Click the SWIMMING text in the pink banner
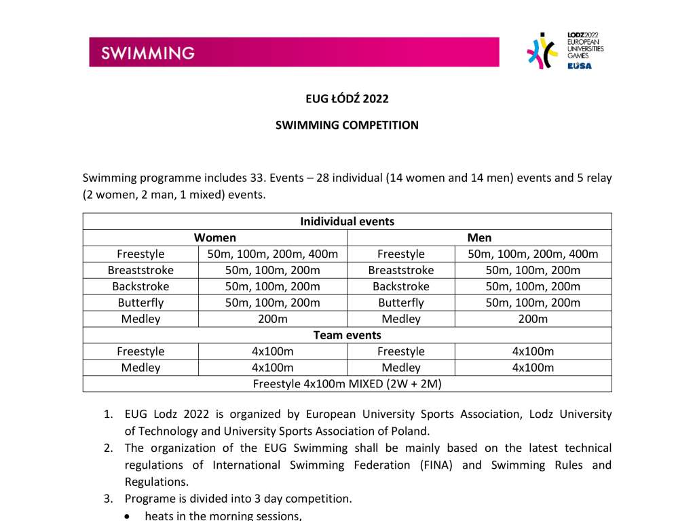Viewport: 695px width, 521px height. pos(148,53)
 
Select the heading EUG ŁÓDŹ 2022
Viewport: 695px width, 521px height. pos(347,99)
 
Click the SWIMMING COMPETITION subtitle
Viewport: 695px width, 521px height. pos(347,125)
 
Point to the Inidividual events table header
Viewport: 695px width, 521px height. pos(347,221)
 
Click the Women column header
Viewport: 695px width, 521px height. pos(215,237)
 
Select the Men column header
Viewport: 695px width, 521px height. pos(479,237)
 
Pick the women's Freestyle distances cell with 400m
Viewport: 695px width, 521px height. pos(272,254)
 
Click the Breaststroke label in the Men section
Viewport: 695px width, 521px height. pos(400,270)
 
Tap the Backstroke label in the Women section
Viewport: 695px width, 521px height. pos(140,286)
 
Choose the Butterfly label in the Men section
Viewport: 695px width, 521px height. pos(400,303)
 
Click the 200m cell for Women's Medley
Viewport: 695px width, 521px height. pos(272,319)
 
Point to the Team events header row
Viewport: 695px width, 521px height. pos(347,335)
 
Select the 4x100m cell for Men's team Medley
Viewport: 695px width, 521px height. pos(533,368)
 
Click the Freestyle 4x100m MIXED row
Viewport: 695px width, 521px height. pos(347,384)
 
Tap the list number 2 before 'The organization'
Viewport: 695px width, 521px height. pos(108,448)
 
